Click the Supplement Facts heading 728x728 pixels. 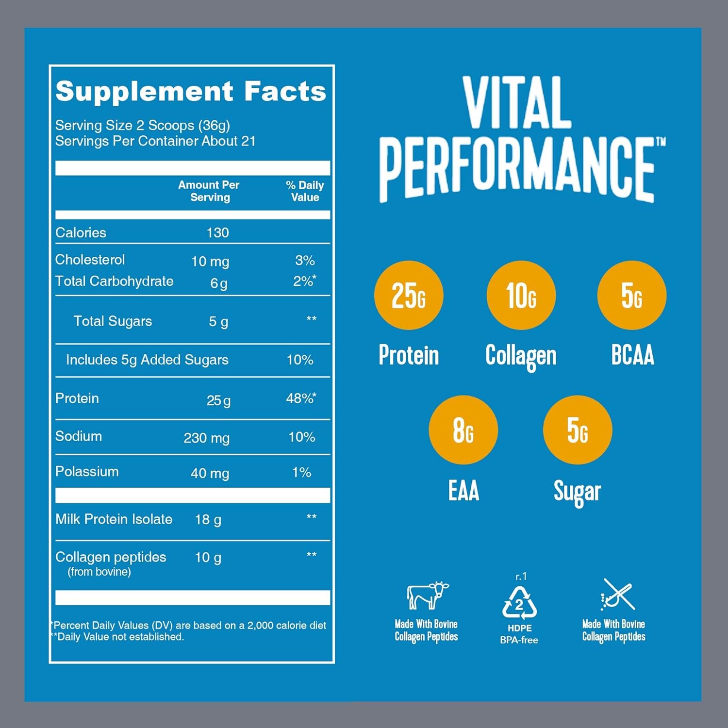[191, 91]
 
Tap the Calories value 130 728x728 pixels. [217, 232]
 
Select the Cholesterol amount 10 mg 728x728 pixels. [210, 262]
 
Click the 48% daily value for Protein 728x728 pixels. [300, 398]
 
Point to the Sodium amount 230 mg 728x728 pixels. [206, 438]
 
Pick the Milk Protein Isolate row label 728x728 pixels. [114, 519]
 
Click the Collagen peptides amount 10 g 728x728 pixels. [208, 558]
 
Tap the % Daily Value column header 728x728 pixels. [305, 191]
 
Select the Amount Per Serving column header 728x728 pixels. [209, 191]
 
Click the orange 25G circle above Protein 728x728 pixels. [409, 295]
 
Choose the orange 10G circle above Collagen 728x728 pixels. [521, 295]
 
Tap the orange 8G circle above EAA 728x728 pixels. [463, 430]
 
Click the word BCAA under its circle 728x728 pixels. [632, 355]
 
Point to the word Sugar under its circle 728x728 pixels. [577, 492]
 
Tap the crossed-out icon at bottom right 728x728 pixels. [616, 595]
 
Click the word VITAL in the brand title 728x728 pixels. [517, 103]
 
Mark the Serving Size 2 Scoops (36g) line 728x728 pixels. [142, 125]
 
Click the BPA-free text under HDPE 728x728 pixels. [519, 640]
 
